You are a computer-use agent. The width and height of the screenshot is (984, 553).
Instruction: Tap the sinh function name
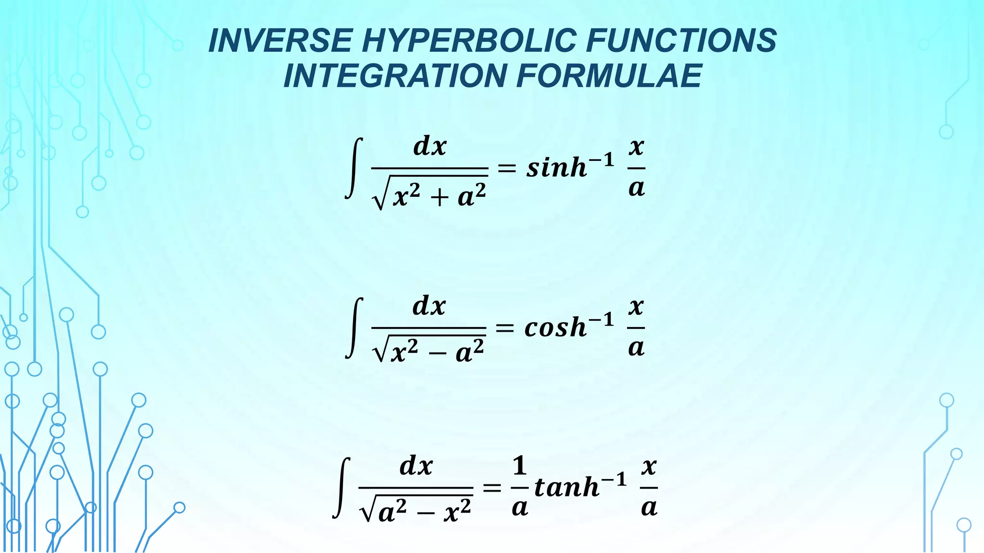pyautogui.click(x=556, y=168)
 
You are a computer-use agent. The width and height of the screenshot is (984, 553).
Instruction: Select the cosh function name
pyautogui.click(x=555, y=328)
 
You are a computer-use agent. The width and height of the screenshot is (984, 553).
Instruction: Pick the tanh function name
pyautogui.click(x=566, y=487)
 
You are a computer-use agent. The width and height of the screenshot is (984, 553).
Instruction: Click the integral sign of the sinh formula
pyautogui.click(x=354, y=168)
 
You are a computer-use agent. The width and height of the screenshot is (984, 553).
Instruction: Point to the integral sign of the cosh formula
pyautogui.click(x=354, y=328)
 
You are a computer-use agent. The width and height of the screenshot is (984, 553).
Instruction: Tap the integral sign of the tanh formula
pyautogui.click(x=341, y=487)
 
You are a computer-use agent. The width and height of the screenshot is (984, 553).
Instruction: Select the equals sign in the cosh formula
pyautogui.click(x=504, y=328)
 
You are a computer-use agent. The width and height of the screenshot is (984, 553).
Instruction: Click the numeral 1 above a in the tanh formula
pyautogui.click(x=519, y=466)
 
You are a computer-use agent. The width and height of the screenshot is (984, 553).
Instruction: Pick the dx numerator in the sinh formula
pyautogui.click(x=430, y=146)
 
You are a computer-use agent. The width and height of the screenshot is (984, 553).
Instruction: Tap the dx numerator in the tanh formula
pyautogui.click(x=416, y=466)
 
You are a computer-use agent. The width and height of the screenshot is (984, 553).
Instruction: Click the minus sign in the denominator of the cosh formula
pyautogui.click(x=437, y=354)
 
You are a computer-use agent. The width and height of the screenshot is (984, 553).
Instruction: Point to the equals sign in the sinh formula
pyautogui.click(x=506, y=168)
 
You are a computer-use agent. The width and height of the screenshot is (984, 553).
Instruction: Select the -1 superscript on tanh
pyautogui.click(x=615, y=479)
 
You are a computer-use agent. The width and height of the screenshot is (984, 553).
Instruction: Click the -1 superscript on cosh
pyautogui.click(x=602, y=319)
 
